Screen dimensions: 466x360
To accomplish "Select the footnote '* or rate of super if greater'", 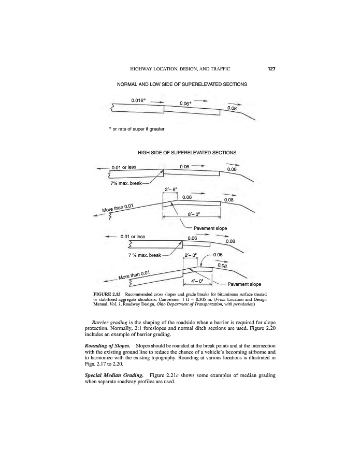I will pos(136,129).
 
